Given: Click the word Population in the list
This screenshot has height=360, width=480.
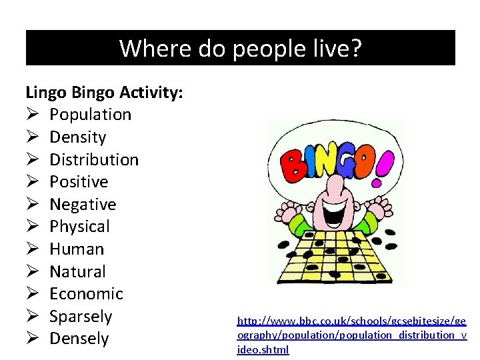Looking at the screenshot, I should [x=90, y=115].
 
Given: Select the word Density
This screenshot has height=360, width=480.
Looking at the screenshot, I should [x=78, y=137].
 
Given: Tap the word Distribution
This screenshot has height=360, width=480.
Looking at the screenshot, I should [x=94, y=160].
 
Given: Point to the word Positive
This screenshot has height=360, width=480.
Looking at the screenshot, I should [x=79, y=182].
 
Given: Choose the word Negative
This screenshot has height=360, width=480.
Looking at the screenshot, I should [x=83, y=205].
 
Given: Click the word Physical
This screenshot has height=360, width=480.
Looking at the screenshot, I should [x=79, y=227].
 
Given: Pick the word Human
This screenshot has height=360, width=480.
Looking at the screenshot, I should [x=77, y=249].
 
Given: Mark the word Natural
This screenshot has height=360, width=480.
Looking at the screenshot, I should [x=77, y=272].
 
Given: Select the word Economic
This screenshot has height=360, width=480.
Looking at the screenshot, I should [x=86, y=294].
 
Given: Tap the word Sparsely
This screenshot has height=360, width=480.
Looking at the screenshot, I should [x=81, y=317].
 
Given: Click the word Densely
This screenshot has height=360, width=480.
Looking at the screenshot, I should [x=79, y=339].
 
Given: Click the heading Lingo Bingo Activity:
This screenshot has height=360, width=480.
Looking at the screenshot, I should [x=104, y=93].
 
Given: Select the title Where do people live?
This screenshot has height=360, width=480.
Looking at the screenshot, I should [x=241, y=48].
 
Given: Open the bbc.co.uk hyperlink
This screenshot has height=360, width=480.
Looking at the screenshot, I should [x=352, y=335].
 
